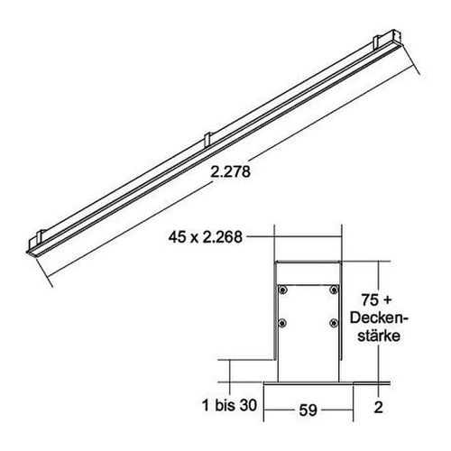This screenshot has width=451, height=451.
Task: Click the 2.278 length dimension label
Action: pos(230,172)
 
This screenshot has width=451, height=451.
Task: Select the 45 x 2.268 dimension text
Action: pos(206,237)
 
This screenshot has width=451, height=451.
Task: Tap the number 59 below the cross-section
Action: pos(308,410)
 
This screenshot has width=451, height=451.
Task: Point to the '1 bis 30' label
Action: pos(230,405)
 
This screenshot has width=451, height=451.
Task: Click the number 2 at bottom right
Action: pos(378,407)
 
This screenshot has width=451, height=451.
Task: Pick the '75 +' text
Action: pos(377,299)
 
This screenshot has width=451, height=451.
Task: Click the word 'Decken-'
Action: pos(379,318)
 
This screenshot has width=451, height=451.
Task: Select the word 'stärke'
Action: pos(379,336)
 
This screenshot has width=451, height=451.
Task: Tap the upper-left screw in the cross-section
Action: pos(282,290)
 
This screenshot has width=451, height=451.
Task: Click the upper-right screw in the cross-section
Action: pos(334,290)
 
